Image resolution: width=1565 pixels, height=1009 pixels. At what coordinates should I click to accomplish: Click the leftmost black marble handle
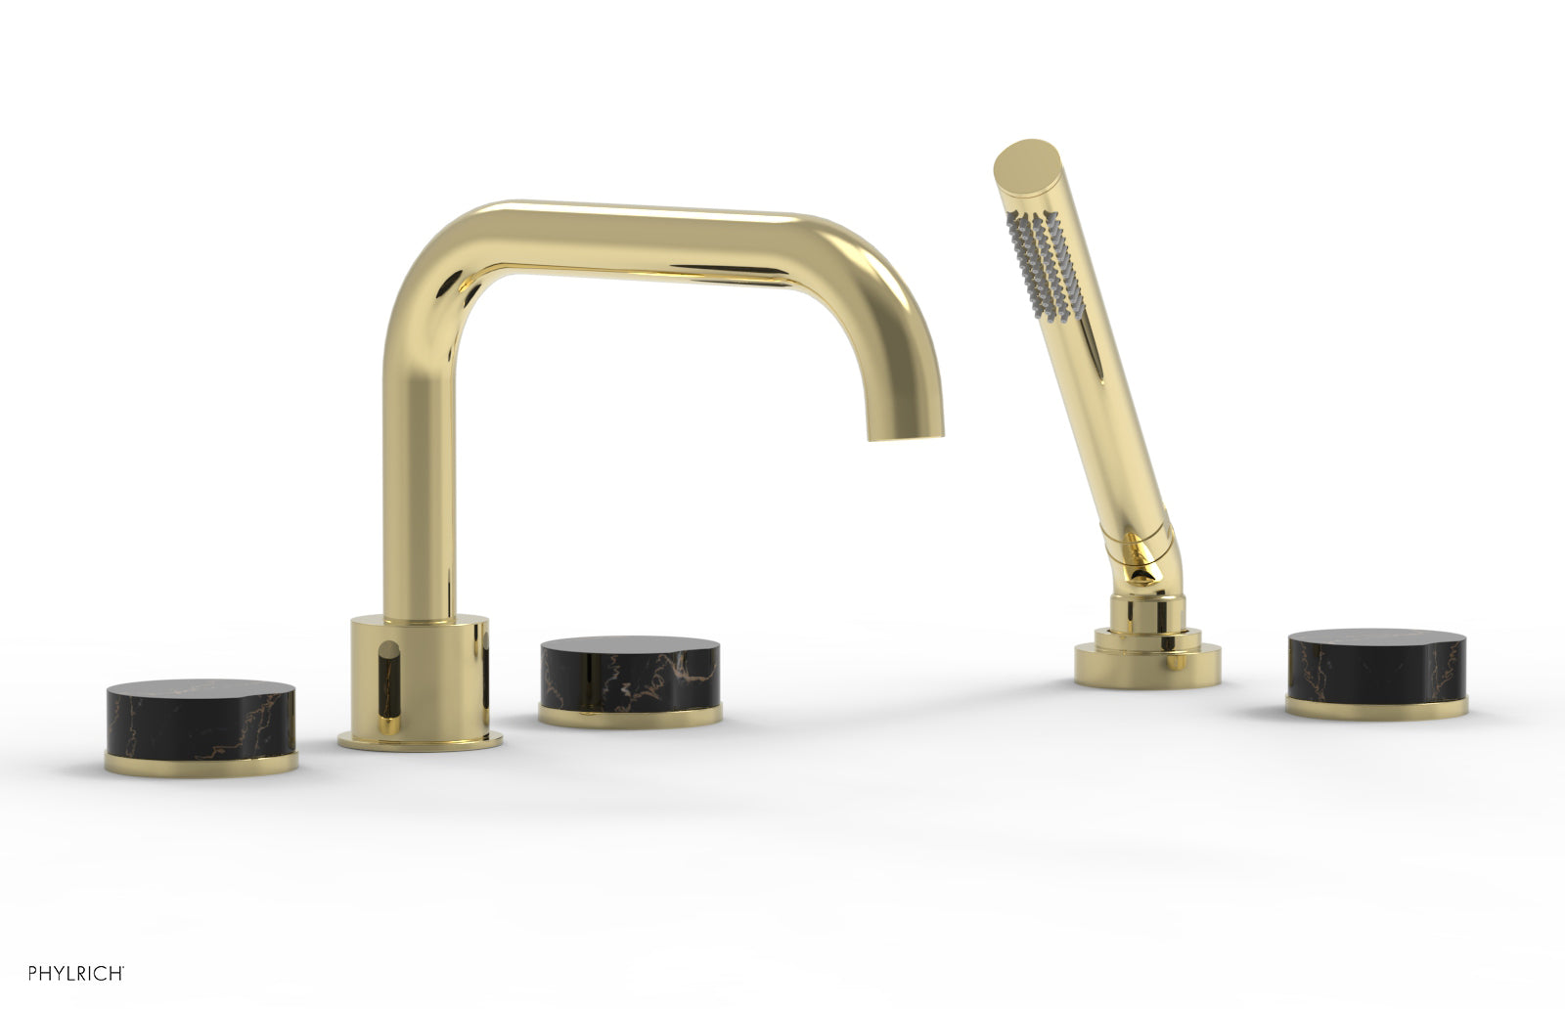click(x=201, y=715)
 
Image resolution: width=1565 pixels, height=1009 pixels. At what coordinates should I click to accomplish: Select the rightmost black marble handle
click(x=1377, y=665)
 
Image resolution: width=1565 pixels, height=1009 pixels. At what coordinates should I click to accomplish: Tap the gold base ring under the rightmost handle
click(x=1377, y=708)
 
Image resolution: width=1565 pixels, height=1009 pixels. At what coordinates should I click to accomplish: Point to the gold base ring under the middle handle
click(x=631, y=716)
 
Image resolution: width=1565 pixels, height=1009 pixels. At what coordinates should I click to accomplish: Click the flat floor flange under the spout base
click(x=421, y=740)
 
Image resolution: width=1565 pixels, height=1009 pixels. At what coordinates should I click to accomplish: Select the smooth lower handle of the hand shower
click(x=1105, y=420)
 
